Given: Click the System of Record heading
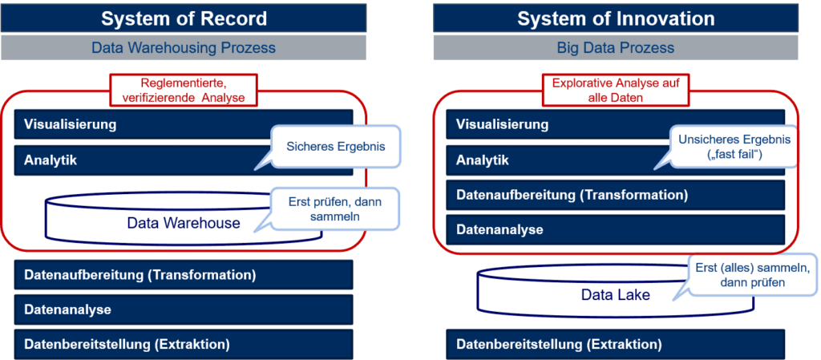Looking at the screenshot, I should point(184,18).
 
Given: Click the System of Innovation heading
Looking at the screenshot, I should point(615,18).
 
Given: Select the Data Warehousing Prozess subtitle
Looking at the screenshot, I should point(184,48).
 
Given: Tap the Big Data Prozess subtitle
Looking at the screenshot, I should point(615,48).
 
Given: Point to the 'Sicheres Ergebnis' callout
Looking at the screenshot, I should point(335,146).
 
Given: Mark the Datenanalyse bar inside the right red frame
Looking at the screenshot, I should point(615,229).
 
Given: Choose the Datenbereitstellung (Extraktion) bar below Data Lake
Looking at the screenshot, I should point(615,344).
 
